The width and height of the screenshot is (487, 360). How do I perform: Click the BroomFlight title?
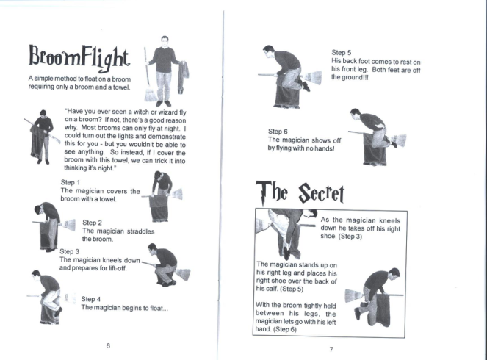(x=79, y=58)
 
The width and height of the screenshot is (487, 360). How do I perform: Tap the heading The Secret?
(x=300, y=192)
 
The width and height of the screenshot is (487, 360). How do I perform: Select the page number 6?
(x=108, y=346)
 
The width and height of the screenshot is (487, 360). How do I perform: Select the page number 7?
(x=331, y=350)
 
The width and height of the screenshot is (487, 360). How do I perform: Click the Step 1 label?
(x=71, y=182)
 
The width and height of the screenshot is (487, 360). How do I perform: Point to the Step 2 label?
(x=92, y=223)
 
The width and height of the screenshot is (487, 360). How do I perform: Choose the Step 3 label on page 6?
(x=69, y=251)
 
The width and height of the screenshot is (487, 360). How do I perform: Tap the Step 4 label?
(x=90, y=299)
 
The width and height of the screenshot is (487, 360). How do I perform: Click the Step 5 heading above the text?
(x=341, y=52)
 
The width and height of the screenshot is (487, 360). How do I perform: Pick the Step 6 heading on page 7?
(x=278, y=132)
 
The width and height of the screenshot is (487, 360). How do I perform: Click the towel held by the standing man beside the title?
(x=183, y=77)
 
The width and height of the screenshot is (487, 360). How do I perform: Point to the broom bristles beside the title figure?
(x=151, y=94)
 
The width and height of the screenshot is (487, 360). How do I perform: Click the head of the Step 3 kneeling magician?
(x=152, y=248)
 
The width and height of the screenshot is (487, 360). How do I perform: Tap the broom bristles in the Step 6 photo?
(x=398, y=140)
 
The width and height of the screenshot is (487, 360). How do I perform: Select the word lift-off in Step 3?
(x=117, y=268)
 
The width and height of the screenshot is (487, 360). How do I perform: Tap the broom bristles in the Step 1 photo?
(x=176, y=194)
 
